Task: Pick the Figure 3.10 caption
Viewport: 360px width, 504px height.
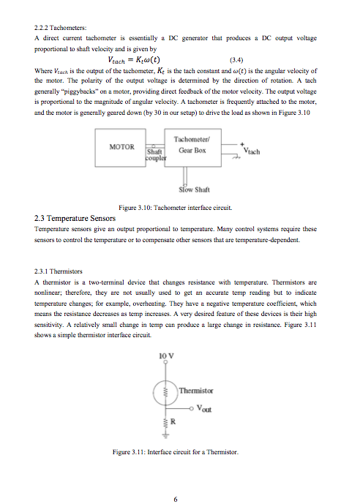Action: pyautogui.click(x=179, y=208)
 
